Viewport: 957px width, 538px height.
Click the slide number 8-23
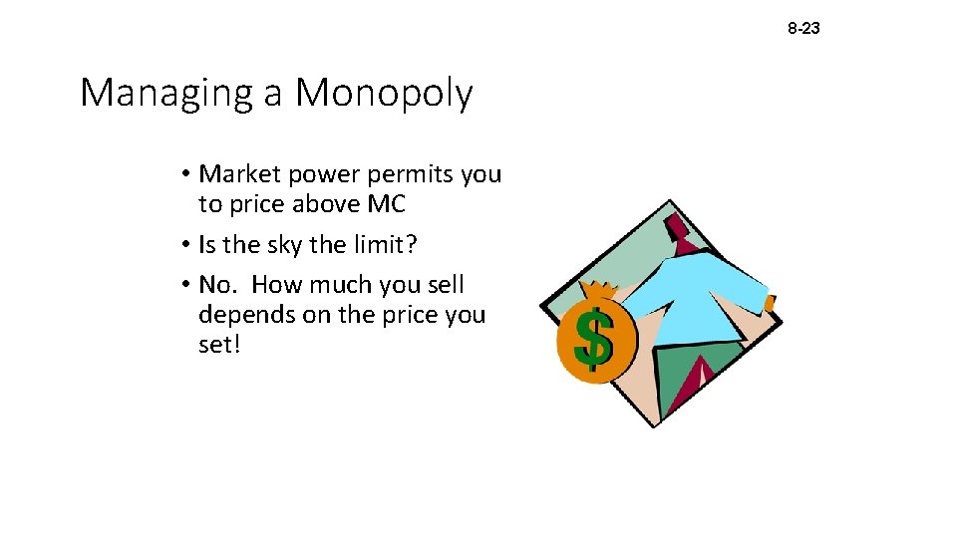(x=803, y=29)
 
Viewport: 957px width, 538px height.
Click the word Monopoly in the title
(x=384, y=94)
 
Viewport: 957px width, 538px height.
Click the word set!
(x=219, y=345)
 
